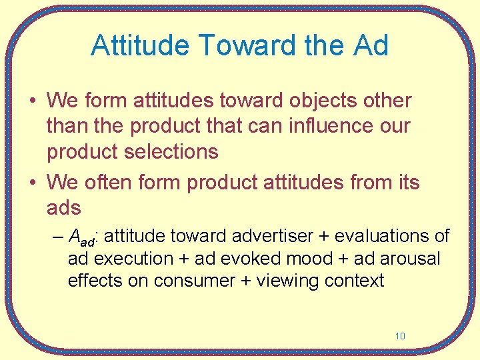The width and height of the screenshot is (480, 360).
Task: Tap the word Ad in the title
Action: (x=369, y=45)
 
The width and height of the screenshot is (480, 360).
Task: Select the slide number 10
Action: (x=399, y=336)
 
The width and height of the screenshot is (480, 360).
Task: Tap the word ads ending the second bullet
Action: (x=64, y=207)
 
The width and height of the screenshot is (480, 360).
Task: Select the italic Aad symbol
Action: (x=83, y=237)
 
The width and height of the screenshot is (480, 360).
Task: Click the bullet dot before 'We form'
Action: (x=32, y=101)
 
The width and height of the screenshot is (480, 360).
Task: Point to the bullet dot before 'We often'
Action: (x=32, y=183)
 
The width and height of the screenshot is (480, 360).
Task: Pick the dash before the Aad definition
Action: (x=58, y=237)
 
